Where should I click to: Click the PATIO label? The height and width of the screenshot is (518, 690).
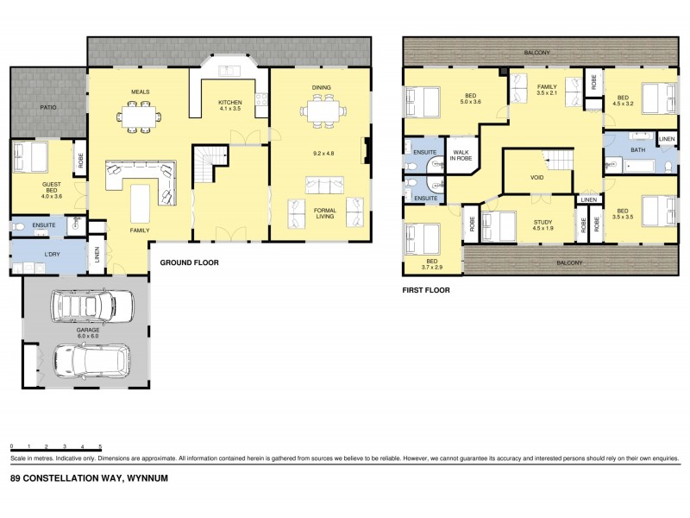pos(47,108)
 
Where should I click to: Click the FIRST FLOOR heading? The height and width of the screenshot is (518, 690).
pos(426,291)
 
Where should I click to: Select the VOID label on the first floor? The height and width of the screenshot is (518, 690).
pos(536,178)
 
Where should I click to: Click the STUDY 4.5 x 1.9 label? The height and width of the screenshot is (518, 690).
pos(536,226)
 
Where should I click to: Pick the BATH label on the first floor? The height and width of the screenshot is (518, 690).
pos(637,150)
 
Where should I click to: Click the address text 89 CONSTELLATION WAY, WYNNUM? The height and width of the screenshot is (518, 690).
pos(88,477)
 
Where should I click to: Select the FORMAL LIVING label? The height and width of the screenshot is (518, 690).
pos(323,216)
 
